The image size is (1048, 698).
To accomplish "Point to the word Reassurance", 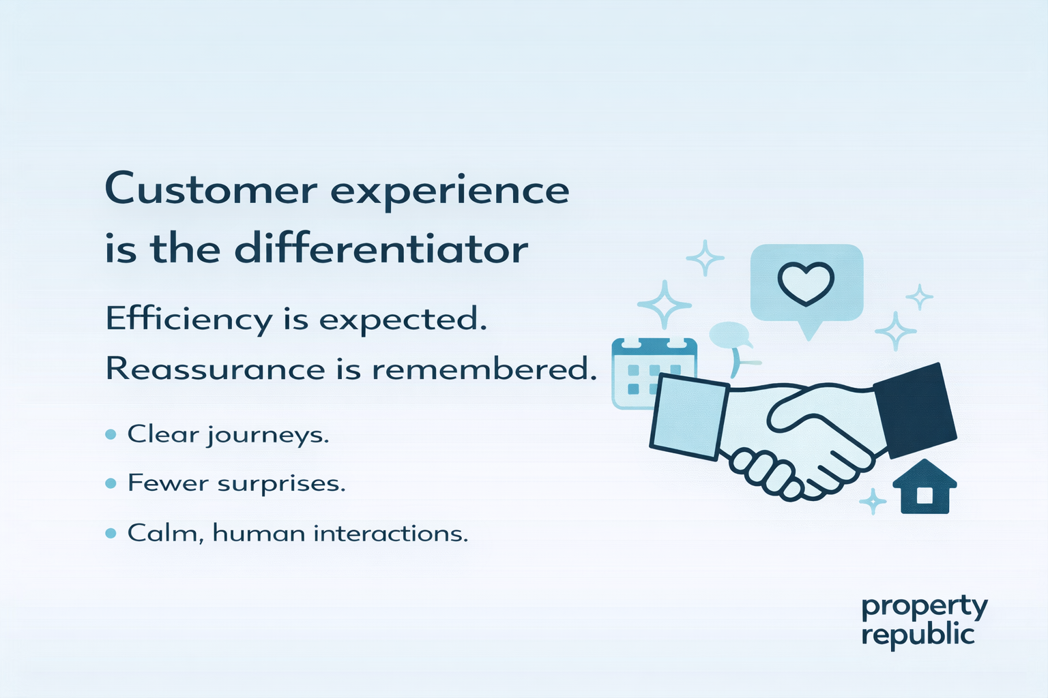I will click(x=215, y=369).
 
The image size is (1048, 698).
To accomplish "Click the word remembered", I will click(x=480, y=369).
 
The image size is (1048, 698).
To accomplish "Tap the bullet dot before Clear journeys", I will click(x=111, y=434).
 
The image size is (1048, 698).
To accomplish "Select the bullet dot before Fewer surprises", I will click(x=111, y=483).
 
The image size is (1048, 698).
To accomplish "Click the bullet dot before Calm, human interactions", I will click(x=111, y=533).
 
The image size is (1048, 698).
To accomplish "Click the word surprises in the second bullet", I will click(x=281, y=484).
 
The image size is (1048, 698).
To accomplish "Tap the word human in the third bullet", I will click(x=259, y=533).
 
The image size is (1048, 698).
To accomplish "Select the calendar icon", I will click(x=653, y=372).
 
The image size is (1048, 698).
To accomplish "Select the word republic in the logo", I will click(x=917, y=635).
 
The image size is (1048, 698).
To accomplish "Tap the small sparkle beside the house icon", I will click(x=872, y=502).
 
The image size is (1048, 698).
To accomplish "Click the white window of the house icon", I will click(x=925, y=495).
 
